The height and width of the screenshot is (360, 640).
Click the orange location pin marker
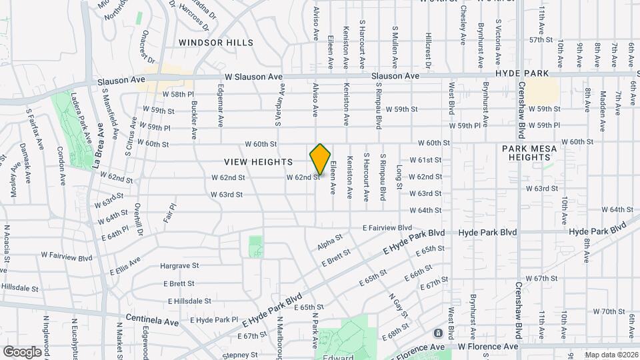click(320, 159)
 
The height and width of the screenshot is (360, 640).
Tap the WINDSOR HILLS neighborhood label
click(216, 43)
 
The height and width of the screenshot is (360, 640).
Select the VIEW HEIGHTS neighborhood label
click(259, 162)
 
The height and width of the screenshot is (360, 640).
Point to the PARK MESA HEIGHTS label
click(529, 153)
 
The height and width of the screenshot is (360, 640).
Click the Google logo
click(22, 352)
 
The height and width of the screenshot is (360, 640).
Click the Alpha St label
click(329, 242)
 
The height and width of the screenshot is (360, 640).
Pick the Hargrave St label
click(179, 265)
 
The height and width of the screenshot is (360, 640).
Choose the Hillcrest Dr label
click(427, 51)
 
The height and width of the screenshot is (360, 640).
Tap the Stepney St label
click(240, 355)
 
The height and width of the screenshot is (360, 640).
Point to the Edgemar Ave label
click(221, 105)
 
